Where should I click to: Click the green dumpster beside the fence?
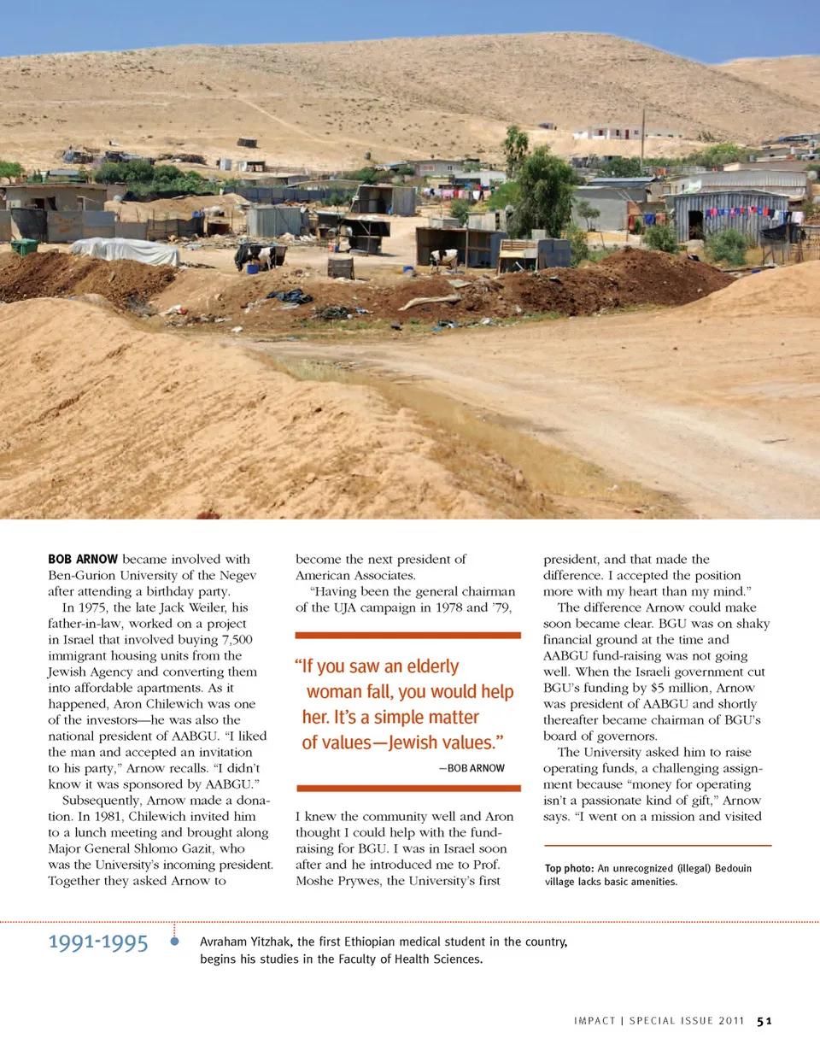tap(24, 247)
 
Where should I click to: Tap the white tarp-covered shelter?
tap(126, 251)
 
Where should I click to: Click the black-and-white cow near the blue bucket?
tap(261, 256)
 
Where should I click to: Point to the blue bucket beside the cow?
tap(253, 269)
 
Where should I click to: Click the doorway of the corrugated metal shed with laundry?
tap(696, 225)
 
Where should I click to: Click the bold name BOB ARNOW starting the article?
tap(83, 559)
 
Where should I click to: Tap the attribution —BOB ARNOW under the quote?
tap(471, 768)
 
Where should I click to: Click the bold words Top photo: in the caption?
tap(569, 868)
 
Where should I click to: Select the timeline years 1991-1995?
tap(98, 942)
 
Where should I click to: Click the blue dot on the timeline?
tap(174, 942)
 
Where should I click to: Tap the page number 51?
tap(764, 1021)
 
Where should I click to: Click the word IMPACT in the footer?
tap(594, 1021)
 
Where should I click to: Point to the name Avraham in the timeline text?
tap(224, 942)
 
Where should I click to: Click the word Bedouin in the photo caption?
tap(733, 868)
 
